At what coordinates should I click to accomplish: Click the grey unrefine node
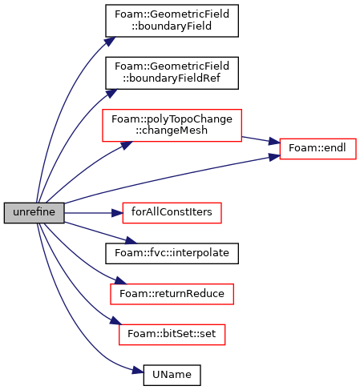[34, 213]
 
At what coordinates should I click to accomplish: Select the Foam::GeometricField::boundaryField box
[172, 21]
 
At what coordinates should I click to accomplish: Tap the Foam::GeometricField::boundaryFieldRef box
[172, 73]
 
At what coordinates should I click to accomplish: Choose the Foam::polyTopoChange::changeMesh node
[172, 125]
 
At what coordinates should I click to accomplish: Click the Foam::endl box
[318, 149]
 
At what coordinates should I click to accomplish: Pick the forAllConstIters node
[172, 213]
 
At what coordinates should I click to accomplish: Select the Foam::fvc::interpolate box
[172, 253]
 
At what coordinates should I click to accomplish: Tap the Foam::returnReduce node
[172, 294]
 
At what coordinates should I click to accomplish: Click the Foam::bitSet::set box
[172, 335]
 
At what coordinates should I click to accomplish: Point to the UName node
[172, 375]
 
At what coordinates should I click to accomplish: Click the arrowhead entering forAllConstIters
[117, 213]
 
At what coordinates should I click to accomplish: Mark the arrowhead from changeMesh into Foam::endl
[274, 141]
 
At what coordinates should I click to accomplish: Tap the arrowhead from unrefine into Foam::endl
[274, 157]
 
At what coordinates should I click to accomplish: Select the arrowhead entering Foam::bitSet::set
[115, 320]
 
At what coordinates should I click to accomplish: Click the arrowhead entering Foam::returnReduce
[120, 280]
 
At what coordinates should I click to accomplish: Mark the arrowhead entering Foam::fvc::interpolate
[131, 240]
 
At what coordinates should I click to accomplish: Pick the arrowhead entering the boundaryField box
[110, 42]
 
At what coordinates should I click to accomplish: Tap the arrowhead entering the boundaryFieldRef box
[111, 94]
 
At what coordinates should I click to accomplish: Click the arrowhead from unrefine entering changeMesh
[126, 145]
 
